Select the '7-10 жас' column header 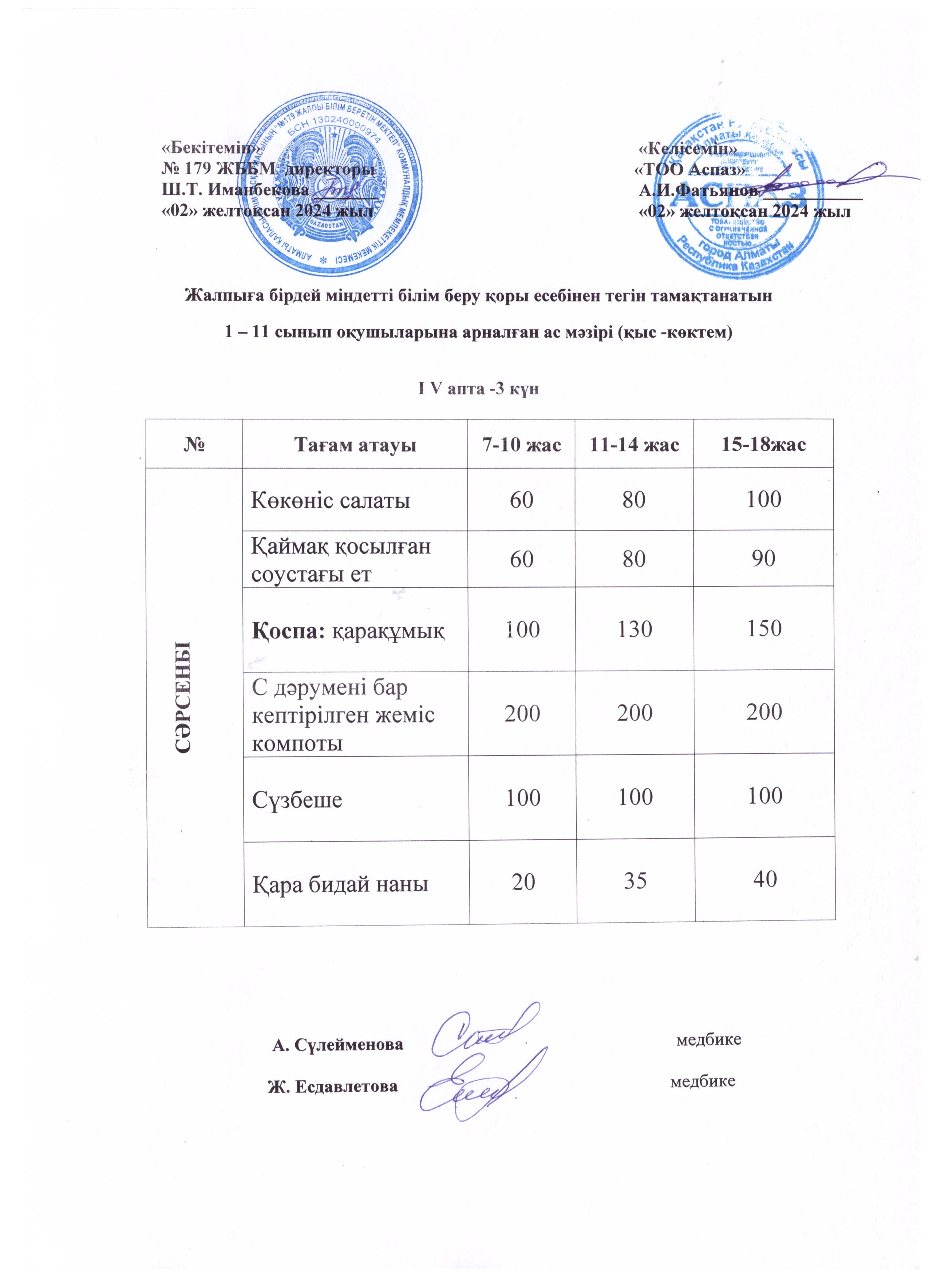(521, 445)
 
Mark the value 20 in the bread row (523, 881)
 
